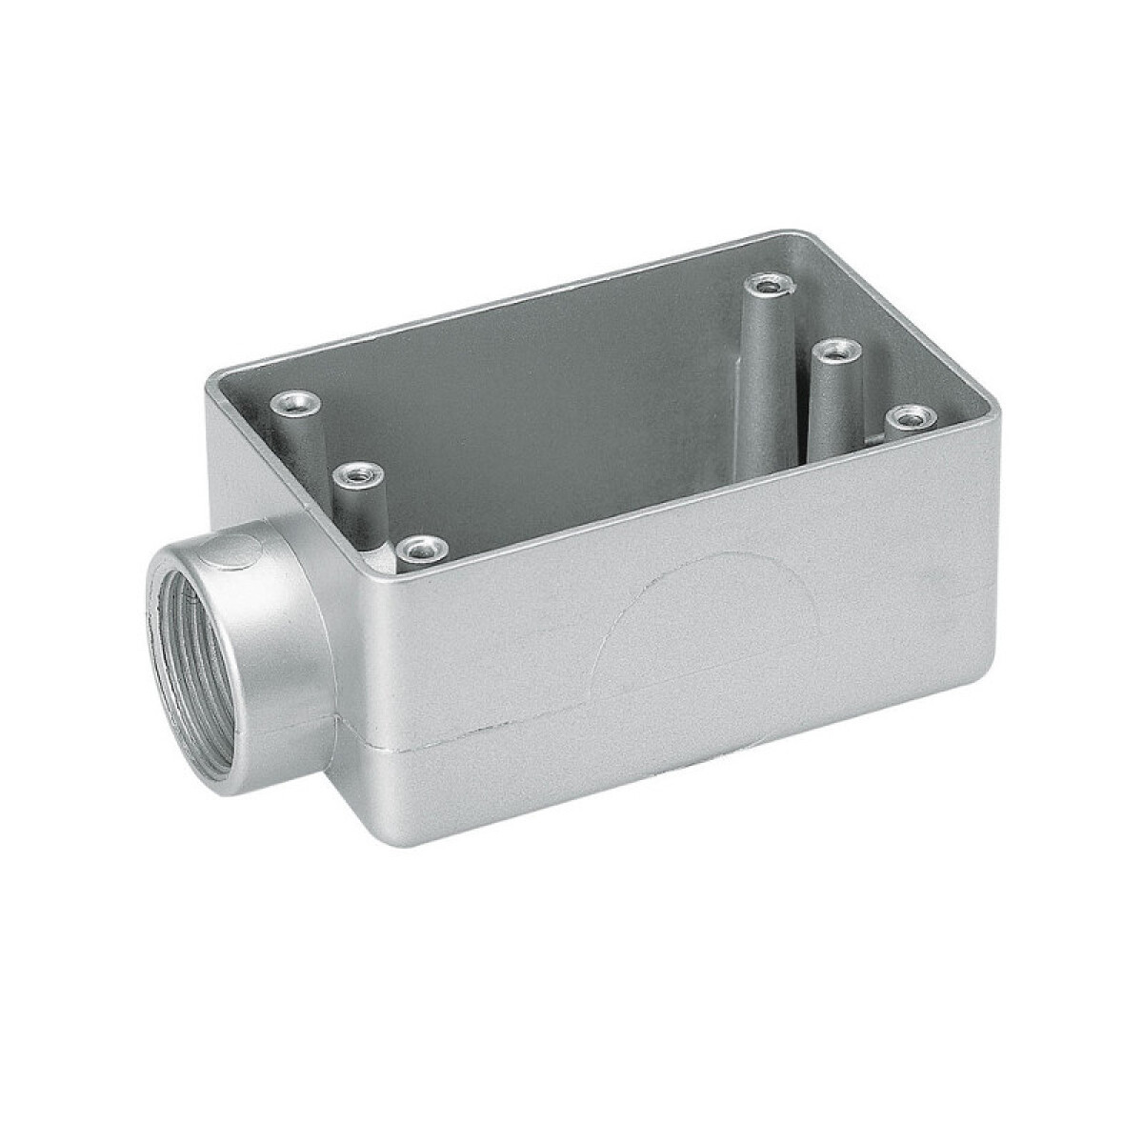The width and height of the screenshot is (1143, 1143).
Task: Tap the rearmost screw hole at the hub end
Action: (293, 405)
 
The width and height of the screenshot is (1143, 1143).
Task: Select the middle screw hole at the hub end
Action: (357, 472)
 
